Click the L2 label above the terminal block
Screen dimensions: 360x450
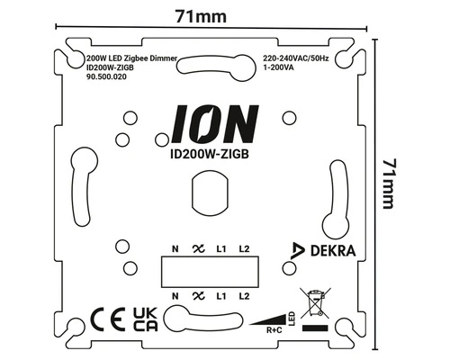pos(243,247)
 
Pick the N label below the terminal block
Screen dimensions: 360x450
pos(173,294)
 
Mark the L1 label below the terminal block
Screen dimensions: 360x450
pos(221,294)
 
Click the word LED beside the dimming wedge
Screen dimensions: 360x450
pos(292,316)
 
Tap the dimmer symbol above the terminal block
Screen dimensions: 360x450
pos(196,247)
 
